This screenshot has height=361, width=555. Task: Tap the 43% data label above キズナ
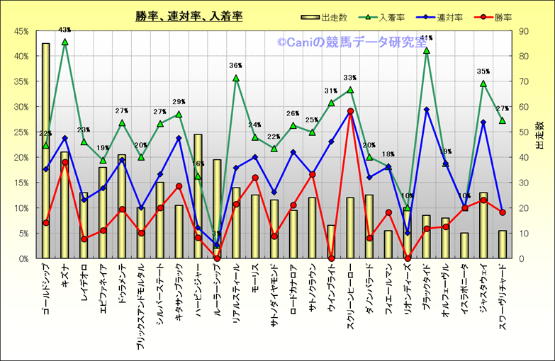(65, 30)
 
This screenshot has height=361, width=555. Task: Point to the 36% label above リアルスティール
(236, 66)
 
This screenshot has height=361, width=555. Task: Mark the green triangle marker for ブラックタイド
(426, 51)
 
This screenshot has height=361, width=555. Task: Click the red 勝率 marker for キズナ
(65, 162)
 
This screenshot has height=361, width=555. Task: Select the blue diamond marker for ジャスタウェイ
(483, 122)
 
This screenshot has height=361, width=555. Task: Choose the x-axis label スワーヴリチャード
(503, 297)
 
